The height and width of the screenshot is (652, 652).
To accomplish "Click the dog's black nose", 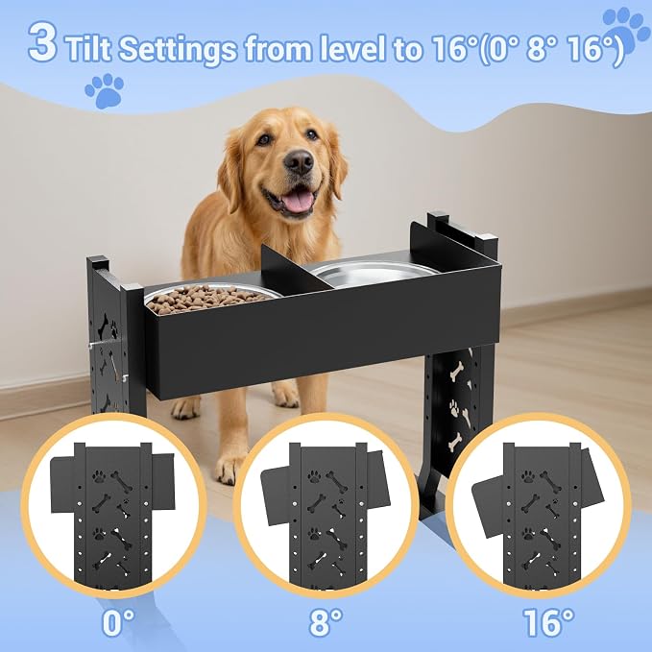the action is [x=299, y=161].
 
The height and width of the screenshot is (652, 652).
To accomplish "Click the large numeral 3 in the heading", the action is [x=42, y=41].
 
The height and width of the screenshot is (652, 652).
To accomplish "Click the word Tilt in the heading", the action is [x=88, y=48].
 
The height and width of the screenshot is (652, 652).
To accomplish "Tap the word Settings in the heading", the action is [x=177, y=50].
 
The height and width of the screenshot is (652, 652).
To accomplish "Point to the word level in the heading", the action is [x=350, y=48].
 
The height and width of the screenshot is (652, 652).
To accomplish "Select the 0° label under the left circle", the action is [x=118, y=623].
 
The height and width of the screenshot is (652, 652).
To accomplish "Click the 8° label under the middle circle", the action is [x=326, y=623].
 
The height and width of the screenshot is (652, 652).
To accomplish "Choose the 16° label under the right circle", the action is [x=548, y=623].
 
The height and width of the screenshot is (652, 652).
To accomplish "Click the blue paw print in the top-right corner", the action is [x=625, y=32].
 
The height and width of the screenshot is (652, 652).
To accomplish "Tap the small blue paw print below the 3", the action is [x=105, y=90].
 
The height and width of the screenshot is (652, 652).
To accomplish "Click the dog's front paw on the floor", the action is [x=228, y=469].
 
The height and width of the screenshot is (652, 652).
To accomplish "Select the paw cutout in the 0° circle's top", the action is [x=99, y=476].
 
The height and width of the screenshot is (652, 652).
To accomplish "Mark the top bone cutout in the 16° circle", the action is [x=550, y=482].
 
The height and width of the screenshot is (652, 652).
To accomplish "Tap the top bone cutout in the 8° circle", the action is [x=336, y=482].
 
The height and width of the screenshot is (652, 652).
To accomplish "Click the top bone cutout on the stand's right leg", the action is [x=456, y=372].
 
